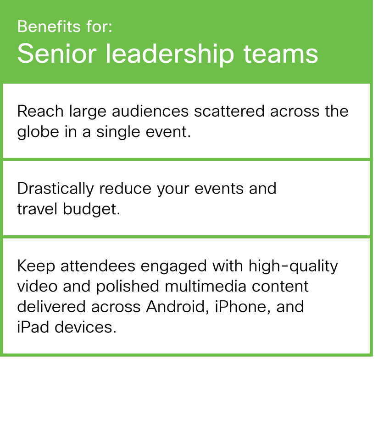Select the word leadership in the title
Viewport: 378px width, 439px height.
pos(170,54)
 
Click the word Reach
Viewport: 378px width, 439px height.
pos(40,111)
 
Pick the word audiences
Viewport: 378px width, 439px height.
pos(150,111)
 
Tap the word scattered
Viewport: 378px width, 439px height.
pos(229,111)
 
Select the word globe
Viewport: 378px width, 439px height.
pos(38,132)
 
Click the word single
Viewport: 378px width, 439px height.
pos(118,132)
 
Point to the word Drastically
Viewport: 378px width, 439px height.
pos(56,189)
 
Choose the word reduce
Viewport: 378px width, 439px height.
pos(125,189)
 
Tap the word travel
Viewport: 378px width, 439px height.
pos(37,209)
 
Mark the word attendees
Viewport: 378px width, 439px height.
pos(98,266)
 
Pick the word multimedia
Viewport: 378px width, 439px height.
pos(206,286)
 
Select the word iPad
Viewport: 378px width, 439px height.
pos(33,327)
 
